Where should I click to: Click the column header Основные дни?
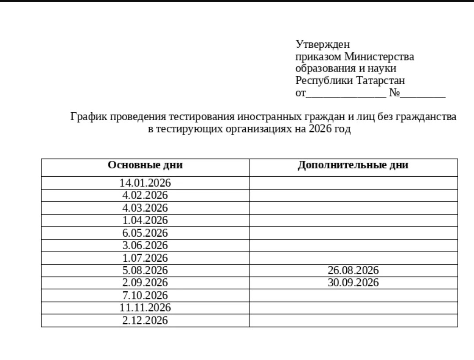145,165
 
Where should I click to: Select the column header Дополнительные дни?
353,165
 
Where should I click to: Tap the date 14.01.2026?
145,183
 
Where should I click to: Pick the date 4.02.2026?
145,195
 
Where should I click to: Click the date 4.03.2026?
145,208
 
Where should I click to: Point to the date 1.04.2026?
145,220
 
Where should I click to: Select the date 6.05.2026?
145,233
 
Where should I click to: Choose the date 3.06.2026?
145,245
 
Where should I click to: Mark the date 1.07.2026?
145,258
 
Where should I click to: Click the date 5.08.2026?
145,270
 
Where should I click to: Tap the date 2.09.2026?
145,283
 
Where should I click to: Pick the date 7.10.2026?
145,295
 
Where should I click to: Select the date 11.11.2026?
145,308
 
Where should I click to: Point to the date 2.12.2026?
145,321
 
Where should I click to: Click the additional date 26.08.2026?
353,270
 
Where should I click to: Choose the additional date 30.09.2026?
353,283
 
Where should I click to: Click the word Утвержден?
323,45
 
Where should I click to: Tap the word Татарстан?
381,81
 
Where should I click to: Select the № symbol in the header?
394,93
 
